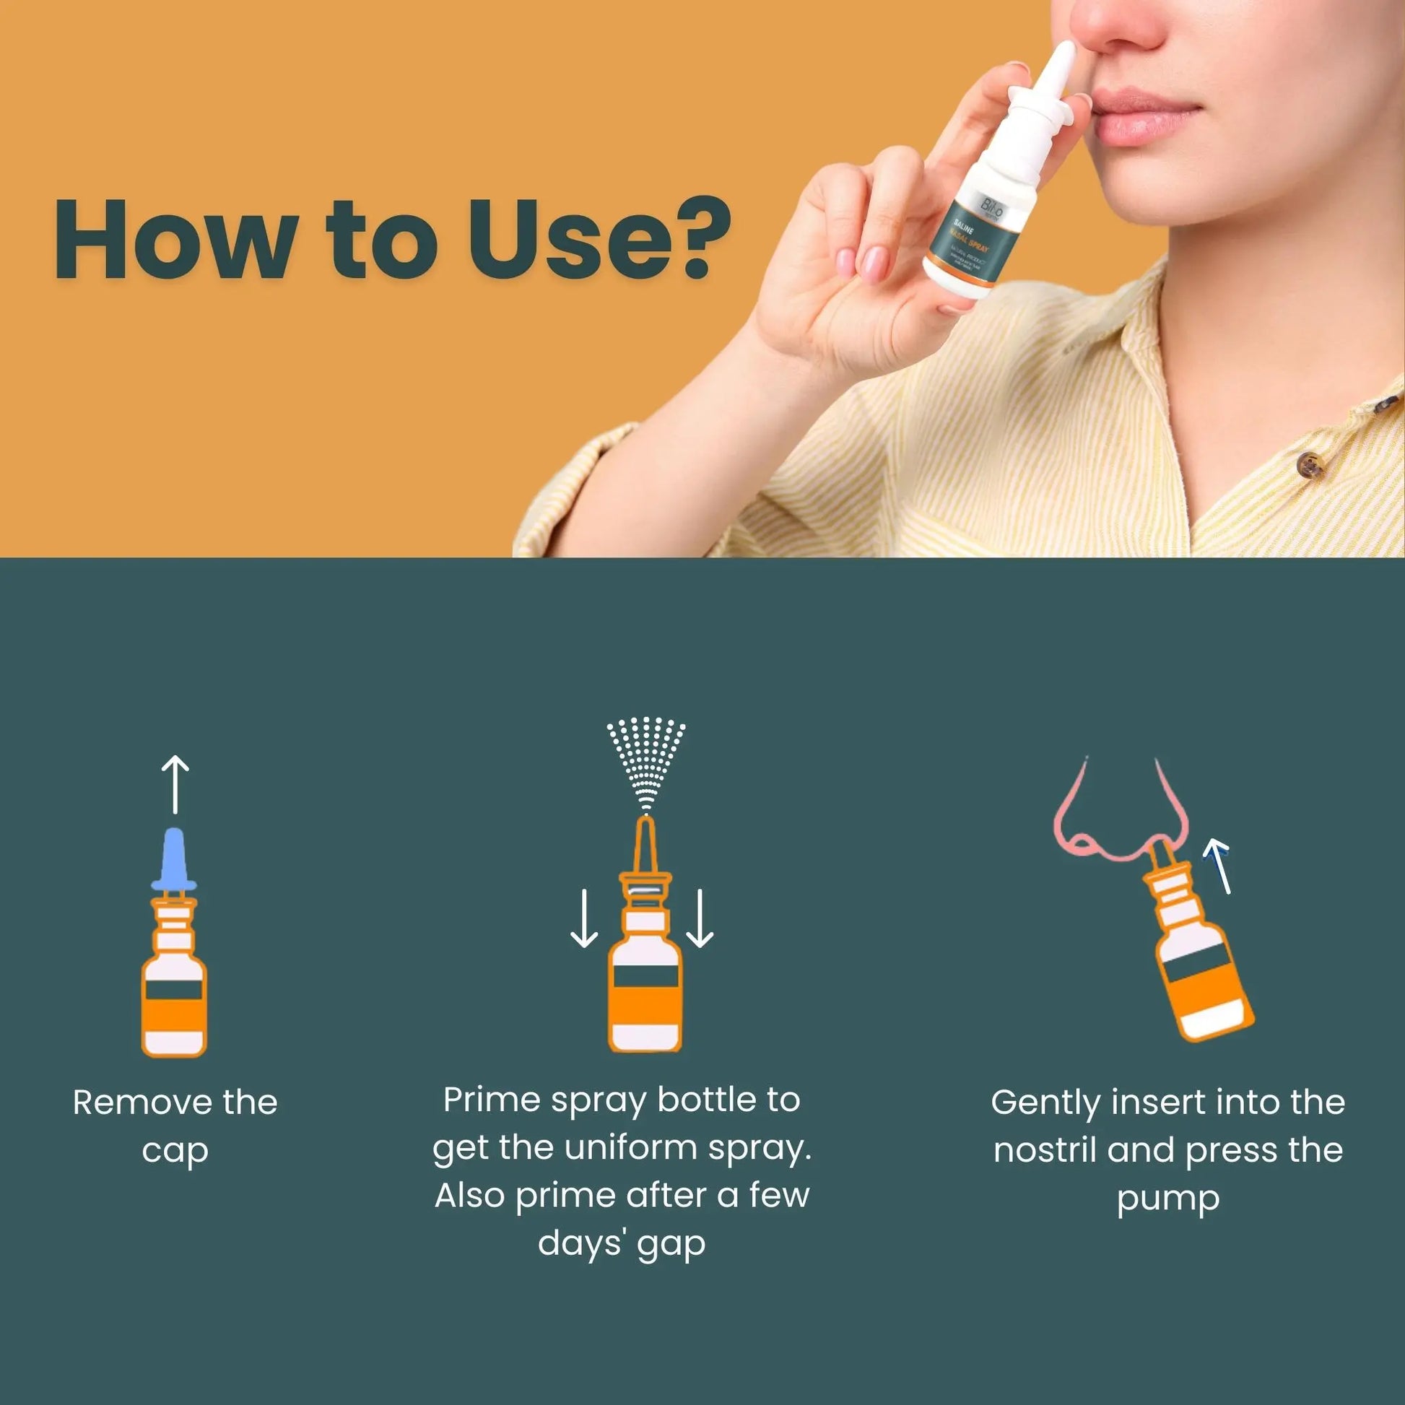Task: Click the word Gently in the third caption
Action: [1045, 1103]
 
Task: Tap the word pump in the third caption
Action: [1167, 1199]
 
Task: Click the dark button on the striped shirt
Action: [1310, 463]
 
